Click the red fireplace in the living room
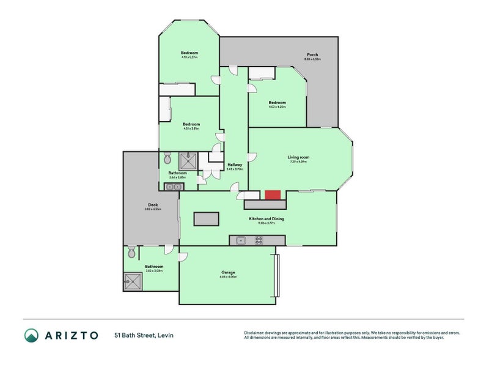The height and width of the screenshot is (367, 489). [x=273, y=195]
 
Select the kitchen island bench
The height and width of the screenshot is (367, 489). [x=206, y=218]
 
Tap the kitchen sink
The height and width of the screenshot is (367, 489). [x=241, y=240]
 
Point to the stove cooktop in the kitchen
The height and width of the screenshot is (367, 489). [x=258, y=240]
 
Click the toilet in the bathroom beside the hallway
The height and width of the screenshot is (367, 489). [x=168, y=159]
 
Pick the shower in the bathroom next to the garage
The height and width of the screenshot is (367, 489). [x=132, y=281]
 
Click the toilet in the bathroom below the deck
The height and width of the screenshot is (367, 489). [x=131, y=252]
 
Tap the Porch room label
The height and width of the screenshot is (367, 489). [x=312, y=55]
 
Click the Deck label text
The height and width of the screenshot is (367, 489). [x=153, y=205]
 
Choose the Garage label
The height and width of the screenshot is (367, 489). [x=228, y=272]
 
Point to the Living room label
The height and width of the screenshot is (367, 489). [x=299, y=157]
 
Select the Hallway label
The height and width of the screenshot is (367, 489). [x=235, y=165]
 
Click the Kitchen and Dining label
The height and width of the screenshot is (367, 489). [x=266, y=218]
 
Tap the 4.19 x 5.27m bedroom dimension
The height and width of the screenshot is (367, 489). [x=189, y=57]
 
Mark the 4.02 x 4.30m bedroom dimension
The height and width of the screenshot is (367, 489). [x=277, y=107]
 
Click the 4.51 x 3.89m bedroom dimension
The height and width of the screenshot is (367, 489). [x=191, y=128]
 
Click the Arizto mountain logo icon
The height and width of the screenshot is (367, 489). [x=31, y=335]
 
